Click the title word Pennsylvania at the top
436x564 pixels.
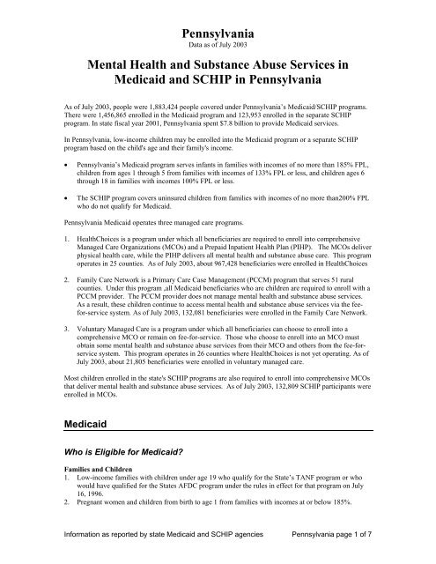pyautogui.click(x=218, y=30)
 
